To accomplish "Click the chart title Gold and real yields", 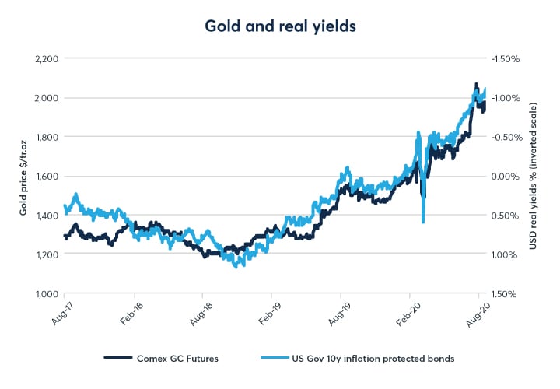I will tap(279, 25).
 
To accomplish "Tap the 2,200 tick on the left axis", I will tap(46, 58).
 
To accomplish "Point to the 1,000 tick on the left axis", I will tap(46, 294).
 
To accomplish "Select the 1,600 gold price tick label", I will tap(46, 177).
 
